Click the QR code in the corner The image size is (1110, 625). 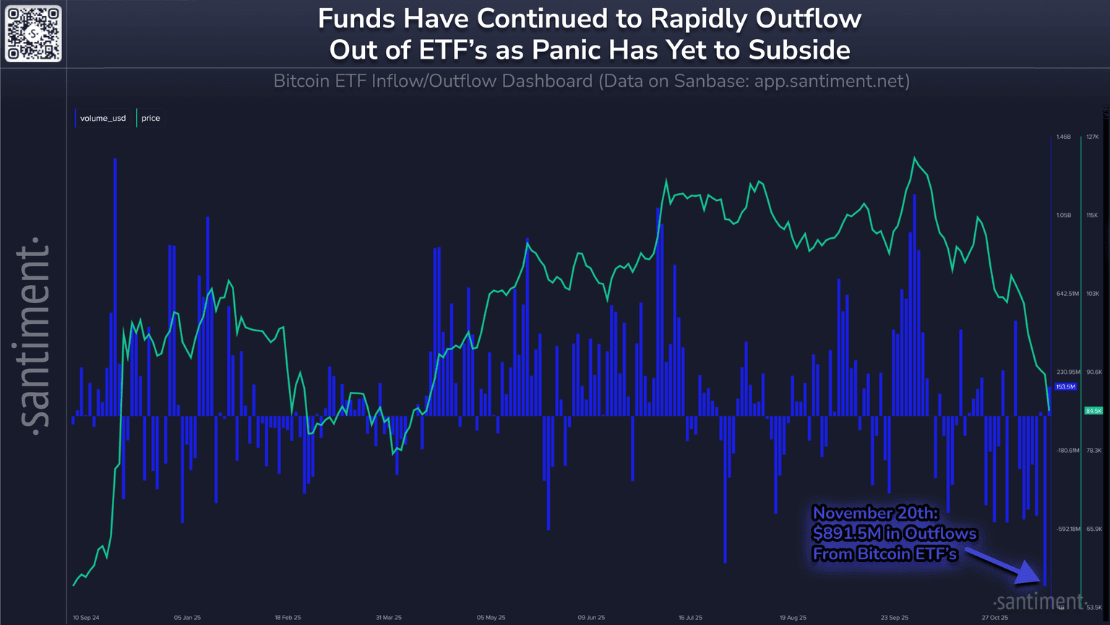33,33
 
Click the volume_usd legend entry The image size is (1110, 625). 103,118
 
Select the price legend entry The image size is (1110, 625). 150,118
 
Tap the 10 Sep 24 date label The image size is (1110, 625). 86,618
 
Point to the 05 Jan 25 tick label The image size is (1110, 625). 187,618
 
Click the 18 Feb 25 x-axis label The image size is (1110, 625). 288,618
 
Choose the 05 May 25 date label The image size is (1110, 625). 491,618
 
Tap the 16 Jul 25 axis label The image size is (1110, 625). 690,618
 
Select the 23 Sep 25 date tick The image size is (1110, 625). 895,618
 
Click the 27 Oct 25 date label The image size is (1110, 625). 994,618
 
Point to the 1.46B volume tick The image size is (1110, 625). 1063,137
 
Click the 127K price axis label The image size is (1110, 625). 1092,137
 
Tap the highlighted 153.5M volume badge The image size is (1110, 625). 1066,387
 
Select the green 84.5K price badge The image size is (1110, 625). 1093,411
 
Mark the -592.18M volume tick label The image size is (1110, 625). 1067,529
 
